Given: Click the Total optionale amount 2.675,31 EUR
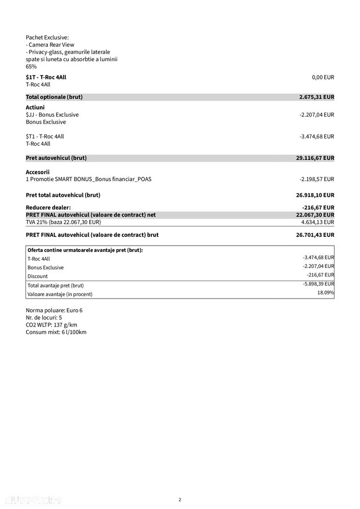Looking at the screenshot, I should [x=316, y=97].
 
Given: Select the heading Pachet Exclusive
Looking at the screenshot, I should [x=47, y=37].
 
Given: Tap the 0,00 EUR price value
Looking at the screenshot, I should [x=323, y=77].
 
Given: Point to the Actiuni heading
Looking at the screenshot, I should [x=35, y=108].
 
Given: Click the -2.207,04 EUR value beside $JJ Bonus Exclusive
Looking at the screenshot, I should [x=317, y=115].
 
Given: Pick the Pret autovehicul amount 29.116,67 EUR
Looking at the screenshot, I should [x=315, y=158].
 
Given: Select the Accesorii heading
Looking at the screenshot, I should [x=38, y=172].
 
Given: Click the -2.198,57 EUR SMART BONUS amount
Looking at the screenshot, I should [x=317, y=179].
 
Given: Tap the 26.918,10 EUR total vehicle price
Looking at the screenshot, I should [x=315, y=195].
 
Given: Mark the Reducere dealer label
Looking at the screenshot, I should [x=48, y=207].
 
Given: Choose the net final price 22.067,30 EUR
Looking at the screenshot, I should [x=315, y=215].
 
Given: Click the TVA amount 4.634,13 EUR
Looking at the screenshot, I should [x=318, y=222].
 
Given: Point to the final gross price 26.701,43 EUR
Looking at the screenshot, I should [x=315, y=235].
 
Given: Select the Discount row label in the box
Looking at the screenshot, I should [x=38, y=276].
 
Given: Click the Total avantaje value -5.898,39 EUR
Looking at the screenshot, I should [x=318, y=284].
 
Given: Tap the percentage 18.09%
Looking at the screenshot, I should [x=326, y=292].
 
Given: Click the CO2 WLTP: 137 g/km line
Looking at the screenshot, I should [x=51, y=325].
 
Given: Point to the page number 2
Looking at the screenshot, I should [x=180, y=499].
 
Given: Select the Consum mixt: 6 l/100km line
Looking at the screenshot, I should [x=56, y=332].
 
